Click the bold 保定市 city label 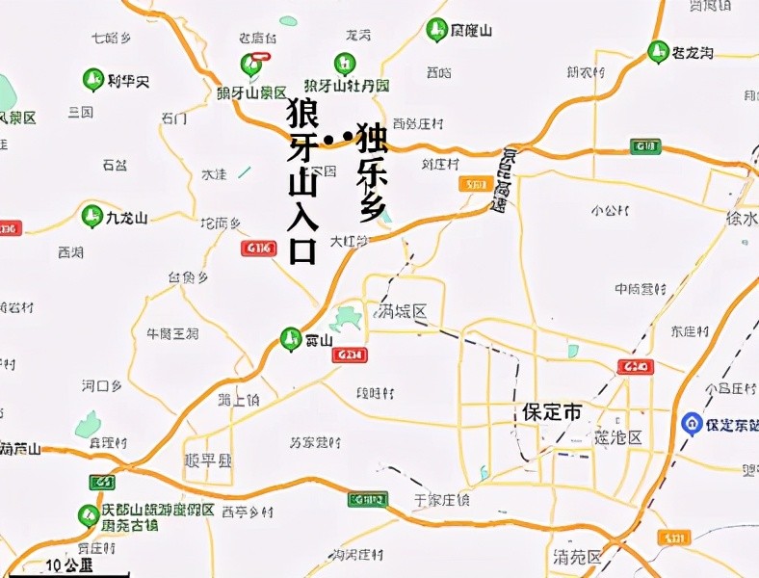pos(552,411)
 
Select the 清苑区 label pos(578,557)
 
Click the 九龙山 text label pos(128,218)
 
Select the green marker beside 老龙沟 pos(659,50)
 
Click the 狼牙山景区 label pos(251,92)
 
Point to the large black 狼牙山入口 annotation pos(302,183)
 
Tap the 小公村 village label pos(610,210)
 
